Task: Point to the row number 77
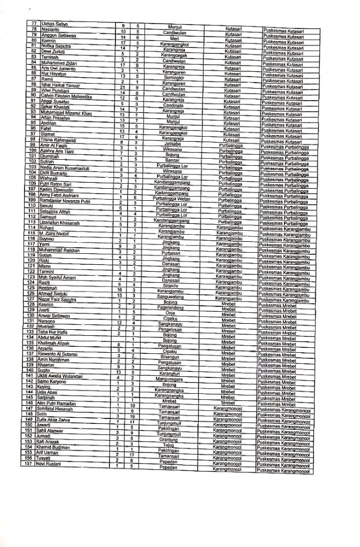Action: pos(33,23)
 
